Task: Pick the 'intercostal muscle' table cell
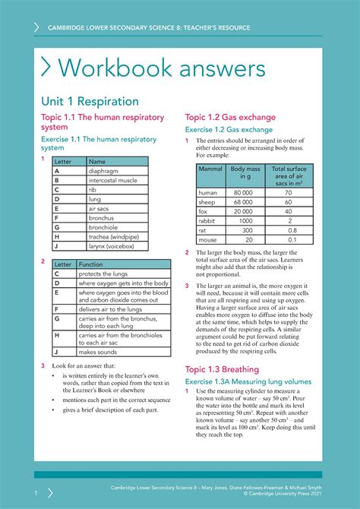click(x=113, y=181)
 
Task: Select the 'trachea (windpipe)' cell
click(x=114, y=236)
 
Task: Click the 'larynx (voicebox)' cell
click(x=112, y=246)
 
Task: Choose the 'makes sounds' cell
click(x=97, y=352)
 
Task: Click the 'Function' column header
click(x=92, y=264)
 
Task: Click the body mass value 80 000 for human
click(x=243, y=193)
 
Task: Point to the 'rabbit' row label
click(x=207, y=220)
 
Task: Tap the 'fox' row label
click(x=203, y=211)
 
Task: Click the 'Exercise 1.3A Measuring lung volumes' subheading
click(x=248, y=381)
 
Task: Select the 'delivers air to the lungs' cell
click(x=109, y=309)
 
